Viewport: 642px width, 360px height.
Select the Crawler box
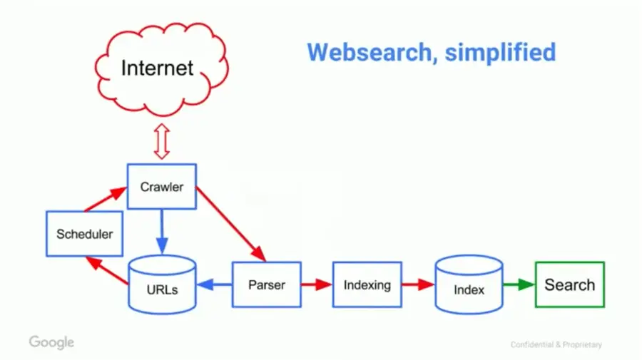point(161,187)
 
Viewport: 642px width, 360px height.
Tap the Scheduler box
point(84,233)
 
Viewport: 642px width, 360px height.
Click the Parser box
point(266,284)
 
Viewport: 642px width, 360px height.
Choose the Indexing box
point(367,284)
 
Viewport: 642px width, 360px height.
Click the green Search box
point(569,284)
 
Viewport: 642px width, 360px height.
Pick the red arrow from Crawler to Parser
point(230,222)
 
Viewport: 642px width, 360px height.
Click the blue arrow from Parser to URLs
point(214,285)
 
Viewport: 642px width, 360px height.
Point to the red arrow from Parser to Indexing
point(317,284)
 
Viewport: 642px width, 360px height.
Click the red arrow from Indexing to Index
point(417,284)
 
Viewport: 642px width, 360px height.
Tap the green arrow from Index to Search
point(519,284)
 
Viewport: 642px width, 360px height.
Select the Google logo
point(51,342)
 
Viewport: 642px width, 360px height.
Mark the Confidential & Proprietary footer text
point(556,345)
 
